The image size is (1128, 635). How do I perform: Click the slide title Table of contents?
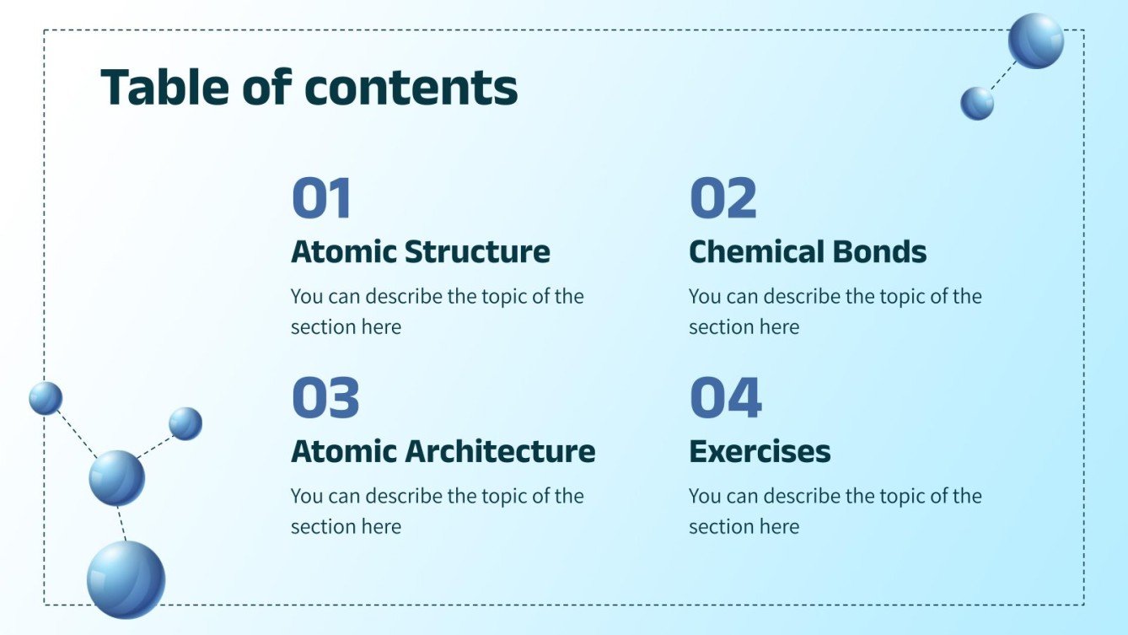(x=309, y=87)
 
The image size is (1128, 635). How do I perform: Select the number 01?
(x=320, y=199)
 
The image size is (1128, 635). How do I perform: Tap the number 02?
(x=722, y=199)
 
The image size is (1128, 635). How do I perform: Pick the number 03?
(x=325, y=398)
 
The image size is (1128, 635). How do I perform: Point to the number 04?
(x=725, y=398)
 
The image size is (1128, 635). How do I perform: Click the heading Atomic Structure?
(x=420, y=252)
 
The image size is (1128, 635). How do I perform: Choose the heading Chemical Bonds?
(x=807, y=252)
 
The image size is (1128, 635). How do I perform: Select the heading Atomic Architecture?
(x=443, y=451)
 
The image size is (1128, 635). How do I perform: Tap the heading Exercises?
(x=759, y=451)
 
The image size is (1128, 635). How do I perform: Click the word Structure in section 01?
(x=477, y=252)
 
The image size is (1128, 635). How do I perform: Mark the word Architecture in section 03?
(x=501, y=451)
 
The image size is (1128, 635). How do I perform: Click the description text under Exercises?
(x=835, y=511)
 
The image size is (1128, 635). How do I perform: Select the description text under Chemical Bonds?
(x=835, y=311)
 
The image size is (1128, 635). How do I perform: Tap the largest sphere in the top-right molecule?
(x=1035, y=40)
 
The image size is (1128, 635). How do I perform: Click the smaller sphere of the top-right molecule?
(x=977, y=103)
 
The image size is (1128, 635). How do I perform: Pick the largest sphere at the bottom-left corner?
(x=126, y=579)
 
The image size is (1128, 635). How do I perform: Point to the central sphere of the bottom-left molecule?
(x=116, y=477)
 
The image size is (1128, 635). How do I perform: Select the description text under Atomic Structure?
(x=437, y=311)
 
